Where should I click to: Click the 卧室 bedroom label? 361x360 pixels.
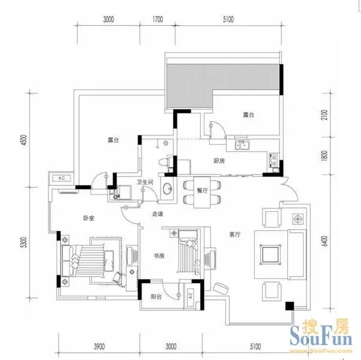coord(89,218)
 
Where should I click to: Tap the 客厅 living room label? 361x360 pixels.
coord(235,235)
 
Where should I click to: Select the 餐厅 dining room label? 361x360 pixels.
coord(202,190)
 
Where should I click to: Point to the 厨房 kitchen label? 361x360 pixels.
coord(219,161)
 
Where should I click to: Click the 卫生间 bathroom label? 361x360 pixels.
coord(145,182)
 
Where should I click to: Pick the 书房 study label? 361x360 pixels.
coord(160,256)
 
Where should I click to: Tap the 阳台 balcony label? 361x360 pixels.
coord(156,296)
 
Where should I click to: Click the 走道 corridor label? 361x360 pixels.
coord(158,214)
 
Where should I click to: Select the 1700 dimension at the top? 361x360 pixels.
coord(158,19)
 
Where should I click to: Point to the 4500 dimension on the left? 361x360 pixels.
coord(25,140)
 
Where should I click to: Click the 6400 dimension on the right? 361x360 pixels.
coord(324,241)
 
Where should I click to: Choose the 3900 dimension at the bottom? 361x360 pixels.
coord(99,346)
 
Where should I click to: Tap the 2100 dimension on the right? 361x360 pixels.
coord(324,115)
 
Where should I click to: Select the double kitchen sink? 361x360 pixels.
coord(242,145)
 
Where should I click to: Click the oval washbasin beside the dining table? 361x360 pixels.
coord(167,189)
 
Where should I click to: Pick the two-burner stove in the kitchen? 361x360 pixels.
coord(274,160)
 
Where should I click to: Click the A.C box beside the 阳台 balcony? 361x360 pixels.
coord(191,295)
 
